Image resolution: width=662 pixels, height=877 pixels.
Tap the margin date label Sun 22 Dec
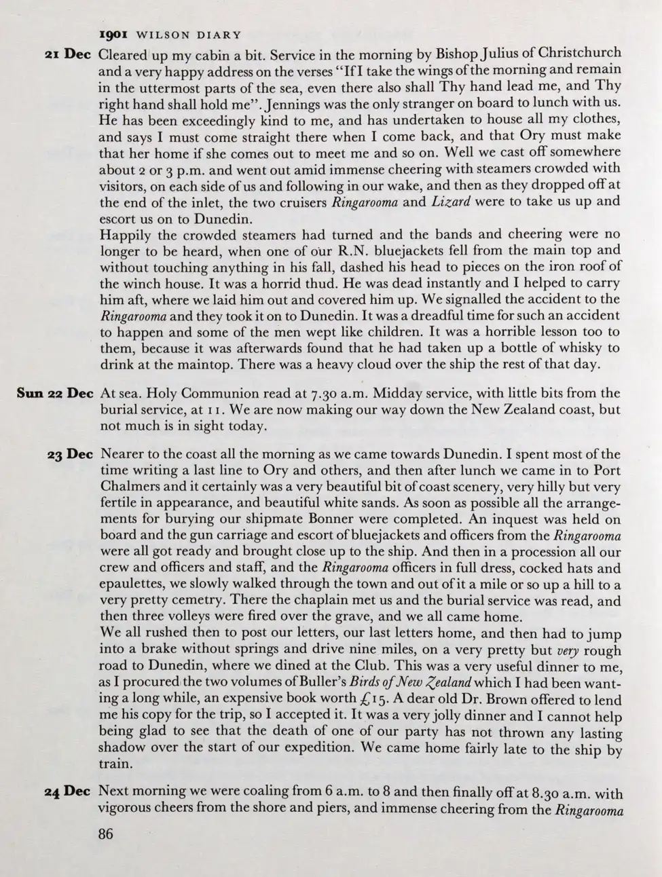[55, 394]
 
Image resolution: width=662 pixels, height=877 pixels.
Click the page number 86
[106, 834]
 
